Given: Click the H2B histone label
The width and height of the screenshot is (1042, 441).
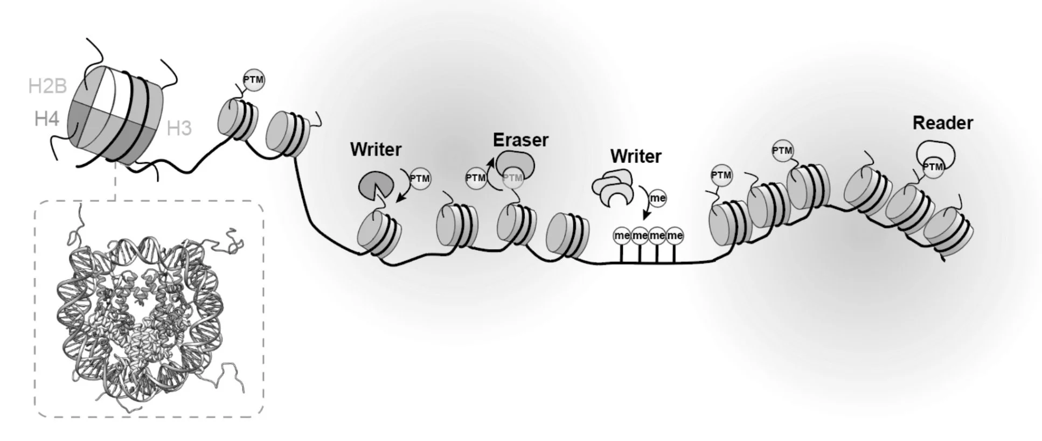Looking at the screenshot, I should coord(47,86).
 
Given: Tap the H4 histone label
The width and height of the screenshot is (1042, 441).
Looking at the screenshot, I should coord(46,118).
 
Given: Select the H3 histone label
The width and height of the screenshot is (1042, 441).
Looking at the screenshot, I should coord(179,129).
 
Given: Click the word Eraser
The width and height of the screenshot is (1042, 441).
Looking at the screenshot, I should coord(520,140).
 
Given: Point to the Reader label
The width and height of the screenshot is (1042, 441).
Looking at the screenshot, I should coord(942,123).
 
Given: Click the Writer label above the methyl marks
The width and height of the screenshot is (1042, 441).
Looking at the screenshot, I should coord(636,157).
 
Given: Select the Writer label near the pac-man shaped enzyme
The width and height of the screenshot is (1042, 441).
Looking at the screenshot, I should coord(376,150).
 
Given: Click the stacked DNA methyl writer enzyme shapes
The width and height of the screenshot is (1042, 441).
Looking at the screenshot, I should coord(613,190).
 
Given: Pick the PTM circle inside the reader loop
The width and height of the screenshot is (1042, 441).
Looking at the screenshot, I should coord(932,167).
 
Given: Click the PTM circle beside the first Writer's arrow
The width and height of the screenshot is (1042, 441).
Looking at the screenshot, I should coord(420,178).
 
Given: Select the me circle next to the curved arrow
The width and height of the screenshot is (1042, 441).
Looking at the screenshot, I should coord(658,198).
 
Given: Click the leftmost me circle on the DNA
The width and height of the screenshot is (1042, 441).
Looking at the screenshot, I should coord(622,235).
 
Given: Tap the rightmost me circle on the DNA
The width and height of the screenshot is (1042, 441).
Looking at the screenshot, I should coord(675,235).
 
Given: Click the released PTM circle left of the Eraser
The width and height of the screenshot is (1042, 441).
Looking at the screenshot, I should coord(476,178).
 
